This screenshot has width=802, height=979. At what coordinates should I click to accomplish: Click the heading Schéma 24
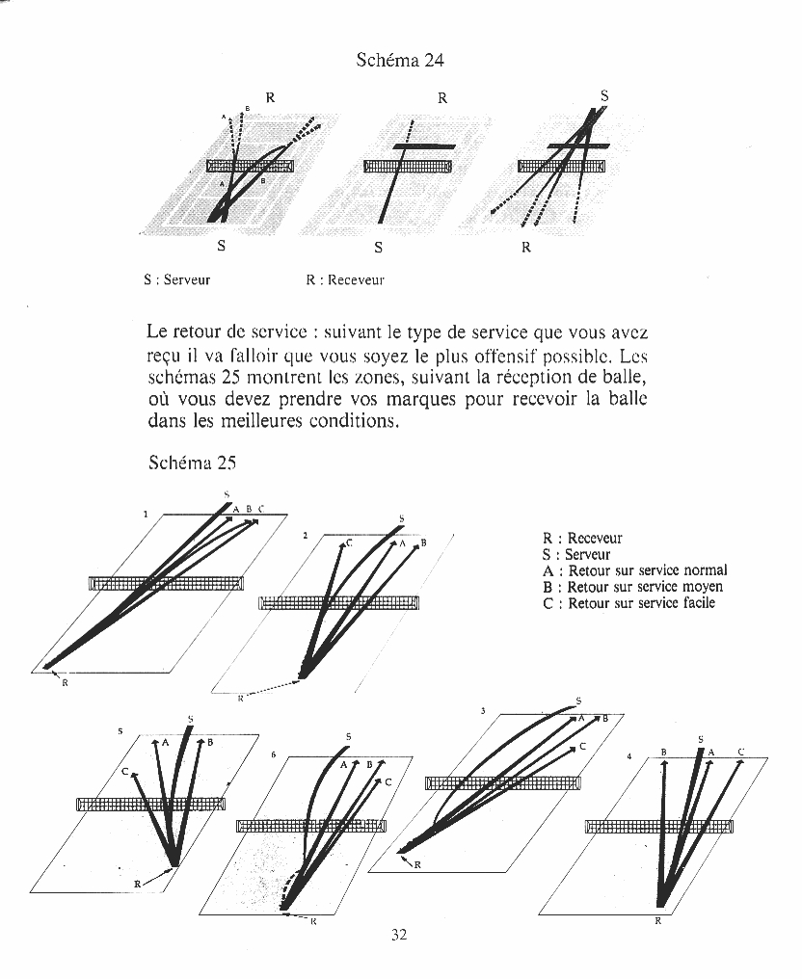coord(400,61)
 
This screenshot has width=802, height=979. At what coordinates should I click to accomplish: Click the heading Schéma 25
coord(193,463)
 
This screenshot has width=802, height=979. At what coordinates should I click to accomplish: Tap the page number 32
coord(400,934)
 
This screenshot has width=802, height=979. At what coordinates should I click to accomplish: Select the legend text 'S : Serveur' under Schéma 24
coord(176,280)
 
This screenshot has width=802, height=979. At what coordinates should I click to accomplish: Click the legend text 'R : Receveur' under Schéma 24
coord(345,280)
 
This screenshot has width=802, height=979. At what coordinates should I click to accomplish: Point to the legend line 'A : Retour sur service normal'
coord(634,570)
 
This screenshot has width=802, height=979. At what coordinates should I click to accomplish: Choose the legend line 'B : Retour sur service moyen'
coord(632,587)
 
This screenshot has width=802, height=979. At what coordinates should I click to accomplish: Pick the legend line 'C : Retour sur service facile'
coord(628,603)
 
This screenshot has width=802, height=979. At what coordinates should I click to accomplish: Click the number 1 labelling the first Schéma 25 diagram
coord(146,515)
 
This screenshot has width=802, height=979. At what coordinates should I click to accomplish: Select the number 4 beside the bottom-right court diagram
coord(628,757)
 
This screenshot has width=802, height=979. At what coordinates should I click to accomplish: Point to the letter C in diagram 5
coord(125,772)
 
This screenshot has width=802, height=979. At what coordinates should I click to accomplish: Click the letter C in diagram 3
coord(582,747)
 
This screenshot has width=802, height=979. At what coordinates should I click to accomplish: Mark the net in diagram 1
coord(166,583)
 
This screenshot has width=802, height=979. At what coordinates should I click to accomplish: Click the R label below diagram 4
coord(658,921)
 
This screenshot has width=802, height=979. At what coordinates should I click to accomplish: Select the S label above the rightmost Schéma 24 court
coord(604,96)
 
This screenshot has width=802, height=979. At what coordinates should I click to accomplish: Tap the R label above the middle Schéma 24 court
coord(442,97)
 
